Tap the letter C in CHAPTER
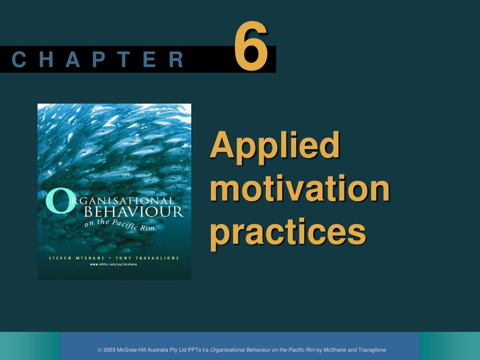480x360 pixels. pos(19,60)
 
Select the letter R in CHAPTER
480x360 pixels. pos(176,60)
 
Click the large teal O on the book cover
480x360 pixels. pos(60,201)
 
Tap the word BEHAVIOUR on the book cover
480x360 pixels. pos(134,212)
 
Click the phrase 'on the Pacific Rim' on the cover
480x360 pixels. pos(120,225)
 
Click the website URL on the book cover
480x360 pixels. pos(113,264)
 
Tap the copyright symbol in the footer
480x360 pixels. pos(100,350)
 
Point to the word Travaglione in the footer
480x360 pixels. pos(372,350)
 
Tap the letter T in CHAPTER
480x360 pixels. pos(124,60)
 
